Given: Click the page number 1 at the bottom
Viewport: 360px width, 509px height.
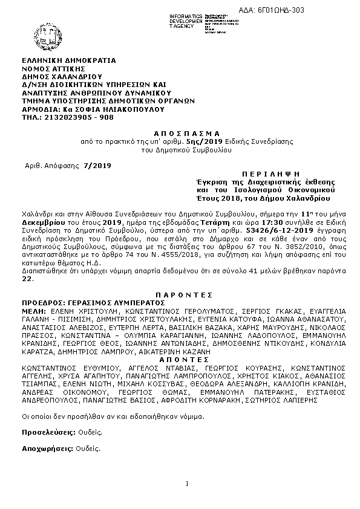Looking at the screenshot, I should (x=188, y=483).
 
